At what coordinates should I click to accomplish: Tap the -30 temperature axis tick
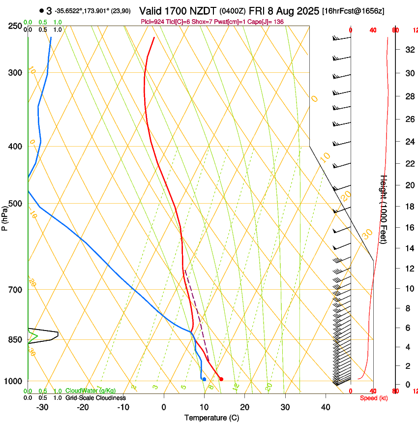tap(42, 407)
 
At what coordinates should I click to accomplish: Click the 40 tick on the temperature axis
tap(325, 407)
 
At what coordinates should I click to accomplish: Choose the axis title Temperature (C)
tap(211, 418)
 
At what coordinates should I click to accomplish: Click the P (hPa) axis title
tap(5, 216)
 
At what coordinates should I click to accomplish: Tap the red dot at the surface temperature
tap(221, 379)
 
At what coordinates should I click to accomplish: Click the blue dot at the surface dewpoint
tap(204, 379)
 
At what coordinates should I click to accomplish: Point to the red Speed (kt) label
tap(373, 398)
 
